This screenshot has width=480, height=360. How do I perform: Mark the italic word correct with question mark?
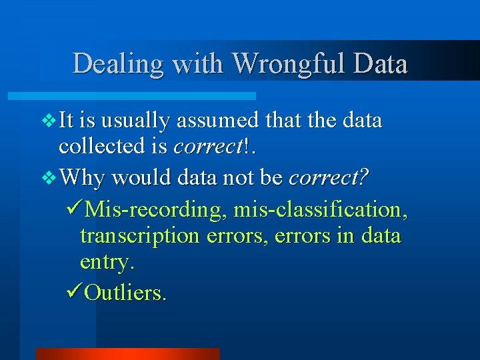click(325, 178)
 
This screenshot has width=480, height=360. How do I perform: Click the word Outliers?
click(127, 293)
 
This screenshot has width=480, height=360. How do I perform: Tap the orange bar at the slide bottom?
click(127, 353)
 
